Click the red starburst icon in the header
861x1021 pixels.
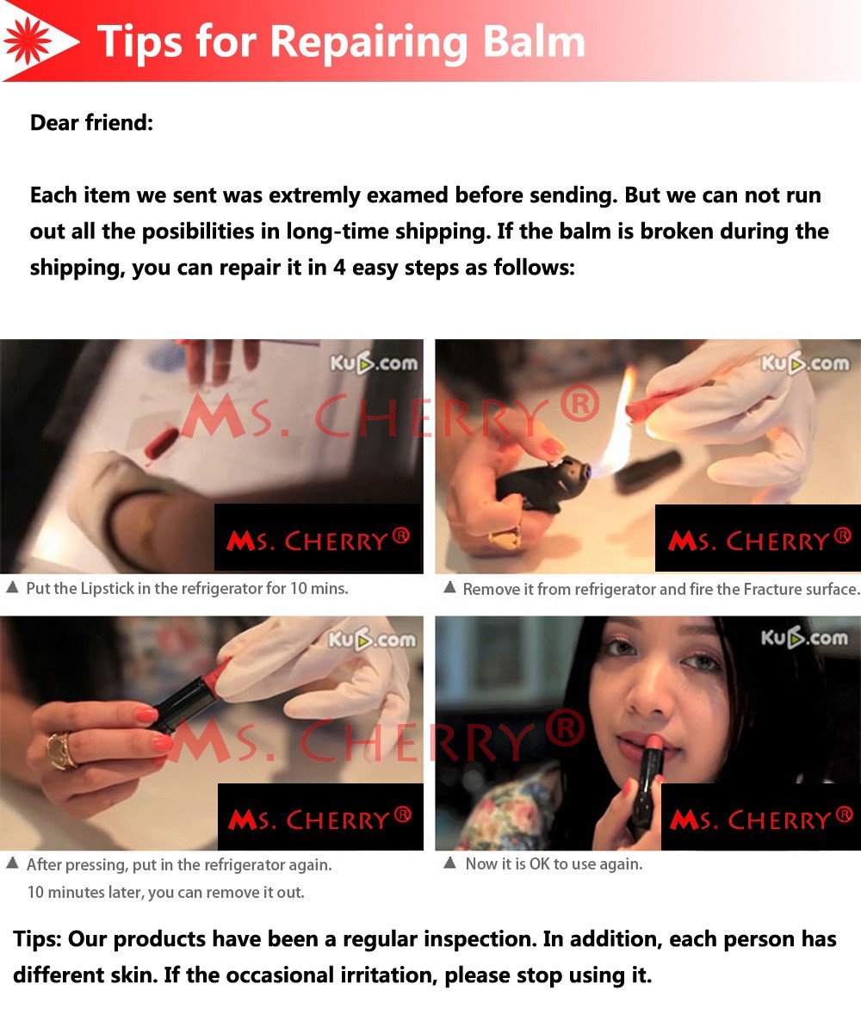coord(28,40)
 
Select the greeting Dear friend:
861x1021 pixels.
coord(92,122)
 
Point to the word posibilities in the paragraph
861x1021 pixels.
coord(198,232)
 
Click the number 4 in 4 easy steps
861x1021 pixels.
coord(338,267)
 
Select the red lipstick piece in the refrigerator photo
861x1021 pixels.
coord(161,442)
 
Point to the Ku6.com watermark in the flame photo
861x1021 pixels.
coord(805,362)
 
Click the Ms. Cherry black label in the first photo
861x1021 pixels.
coord(319,538)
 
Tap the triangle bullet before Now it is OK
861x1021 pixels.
coord(449,863)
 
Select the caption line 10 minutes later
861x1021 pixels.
coord(165,892)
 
